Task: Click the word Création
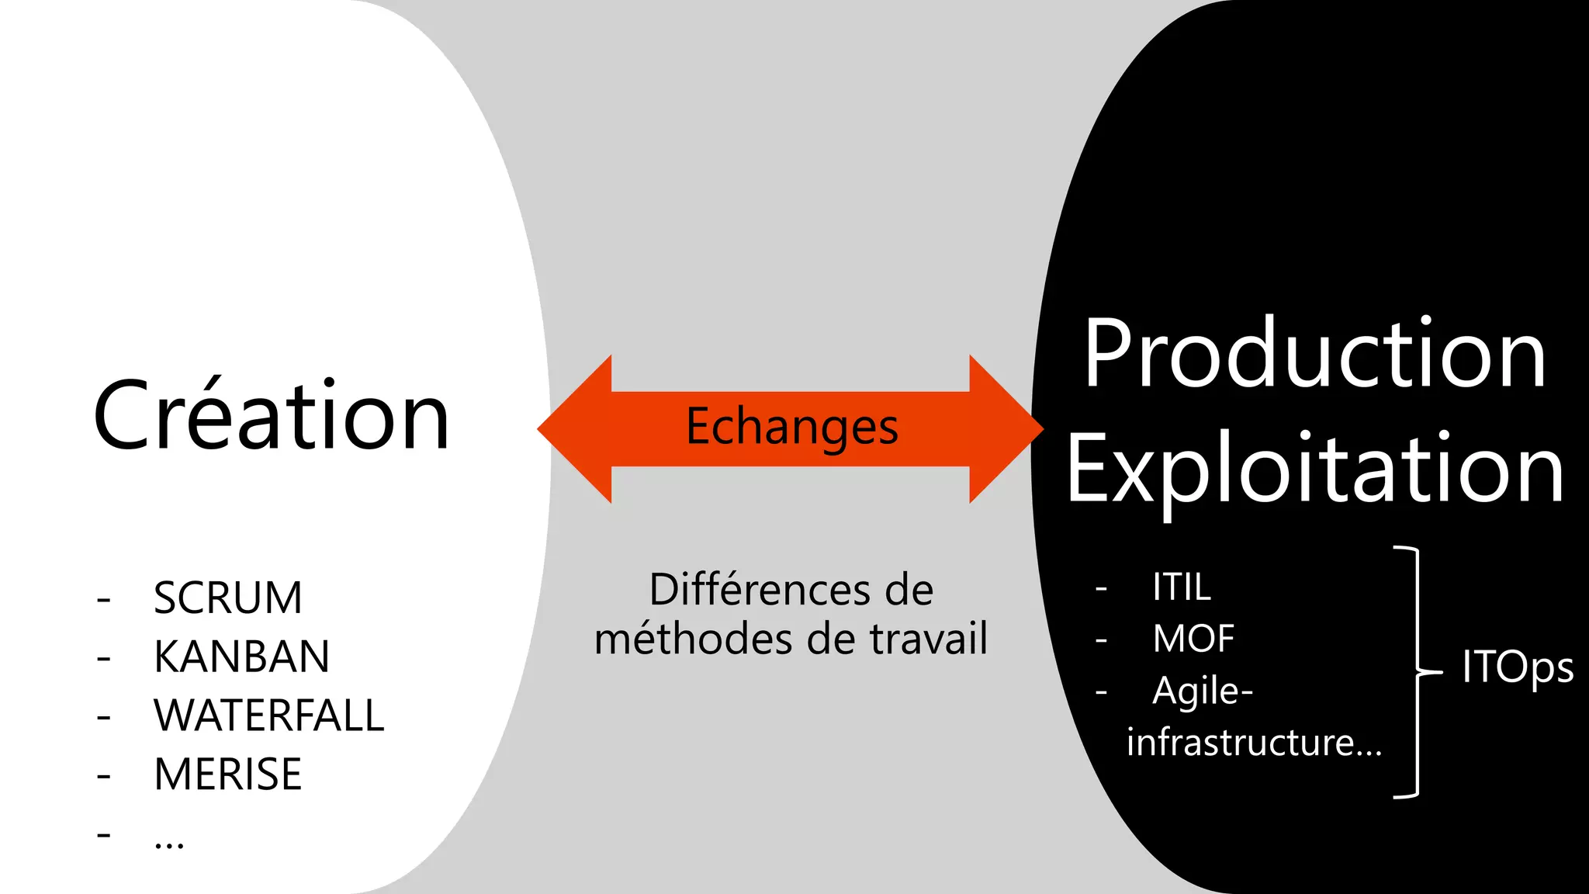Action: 271,416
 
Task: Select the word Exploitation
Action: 1314,470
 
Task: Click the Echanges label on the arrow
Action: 791,428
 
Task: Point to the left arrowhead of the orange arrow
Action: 574,428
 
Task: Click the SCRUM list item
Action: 227,598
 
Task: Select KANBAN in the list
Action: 241,657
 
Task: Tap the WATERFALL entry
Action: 268,716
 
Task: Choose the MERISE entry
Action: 227,774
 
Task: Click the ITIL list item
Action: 1181,587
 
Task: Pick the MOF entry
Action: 1193,639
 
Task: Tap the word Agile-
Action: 1203,690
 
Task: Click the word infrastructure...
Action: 1241,743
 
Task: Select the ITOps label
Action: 1517,667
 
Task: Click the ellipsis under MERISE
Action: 169,842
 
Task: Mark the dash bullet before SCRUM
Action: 103,599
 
